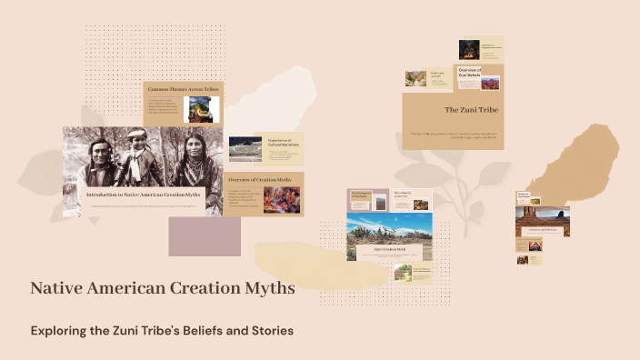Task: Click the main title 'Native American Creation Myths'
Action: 162,288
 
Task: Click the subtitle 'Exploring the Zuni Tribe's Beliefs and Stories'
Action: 162,330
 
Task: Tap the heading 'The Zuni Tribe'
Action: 465,110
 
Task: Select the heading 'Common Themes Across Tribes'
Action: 182,89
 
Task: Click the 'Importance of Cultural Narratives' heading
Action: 284,143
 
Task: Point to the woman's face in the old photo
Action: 192,145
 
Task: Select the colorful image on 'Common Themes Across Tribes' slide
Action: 201,110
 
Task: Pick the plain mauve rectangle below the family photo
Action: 205,237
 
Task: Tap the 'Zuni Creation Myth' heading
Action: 388,248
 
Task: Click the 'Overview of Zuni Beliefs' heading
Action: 469,73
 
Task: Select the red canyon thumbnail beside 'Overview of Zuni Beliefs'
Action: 492,84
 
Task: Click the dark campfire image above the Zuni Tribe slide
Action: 468,49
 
